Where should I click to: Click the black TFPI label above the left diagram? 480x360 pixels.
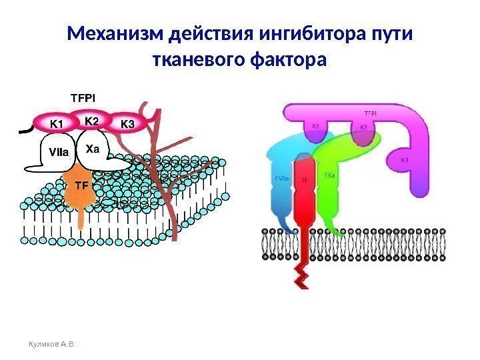83,97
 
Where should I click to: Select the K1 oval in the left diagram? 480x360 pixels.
57,124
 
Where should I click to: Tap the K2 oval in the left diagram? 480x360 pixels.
92,121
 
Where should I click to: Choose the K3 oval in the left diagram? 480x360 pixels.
127,124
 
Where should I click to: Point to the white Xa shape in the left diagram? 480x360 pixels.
93,149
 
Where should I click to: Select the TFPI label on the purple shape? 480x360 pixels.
371,113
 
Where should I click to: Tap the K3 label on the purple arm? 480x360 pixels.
405,161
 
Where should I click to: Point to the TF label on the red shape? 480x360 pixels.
304,180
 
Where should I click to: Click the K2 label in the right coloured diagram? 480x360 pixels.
363,127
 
